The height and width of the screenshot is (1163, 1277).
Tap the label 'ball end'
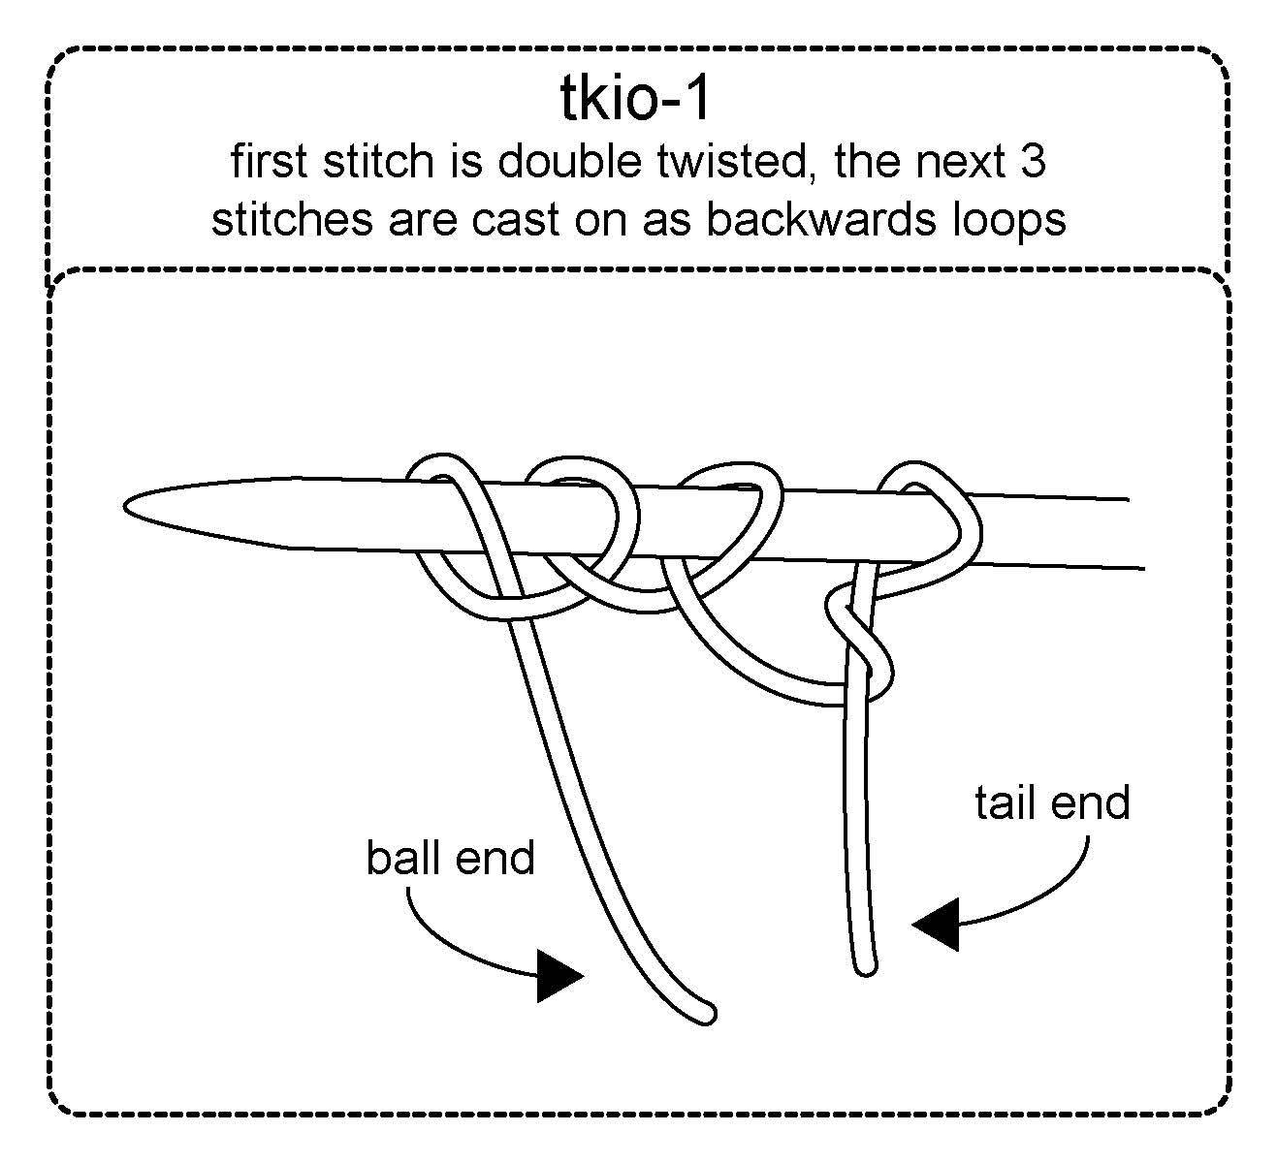[x=450, y=858]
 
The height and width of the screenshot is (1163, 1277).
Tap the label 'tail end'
[x=1052, y=803]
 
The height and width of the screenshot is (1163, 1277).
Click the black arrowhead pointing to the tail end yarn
[x=936, y=924]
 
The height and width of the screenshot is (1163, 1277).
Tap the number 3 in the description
[x=1034, y=161]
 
